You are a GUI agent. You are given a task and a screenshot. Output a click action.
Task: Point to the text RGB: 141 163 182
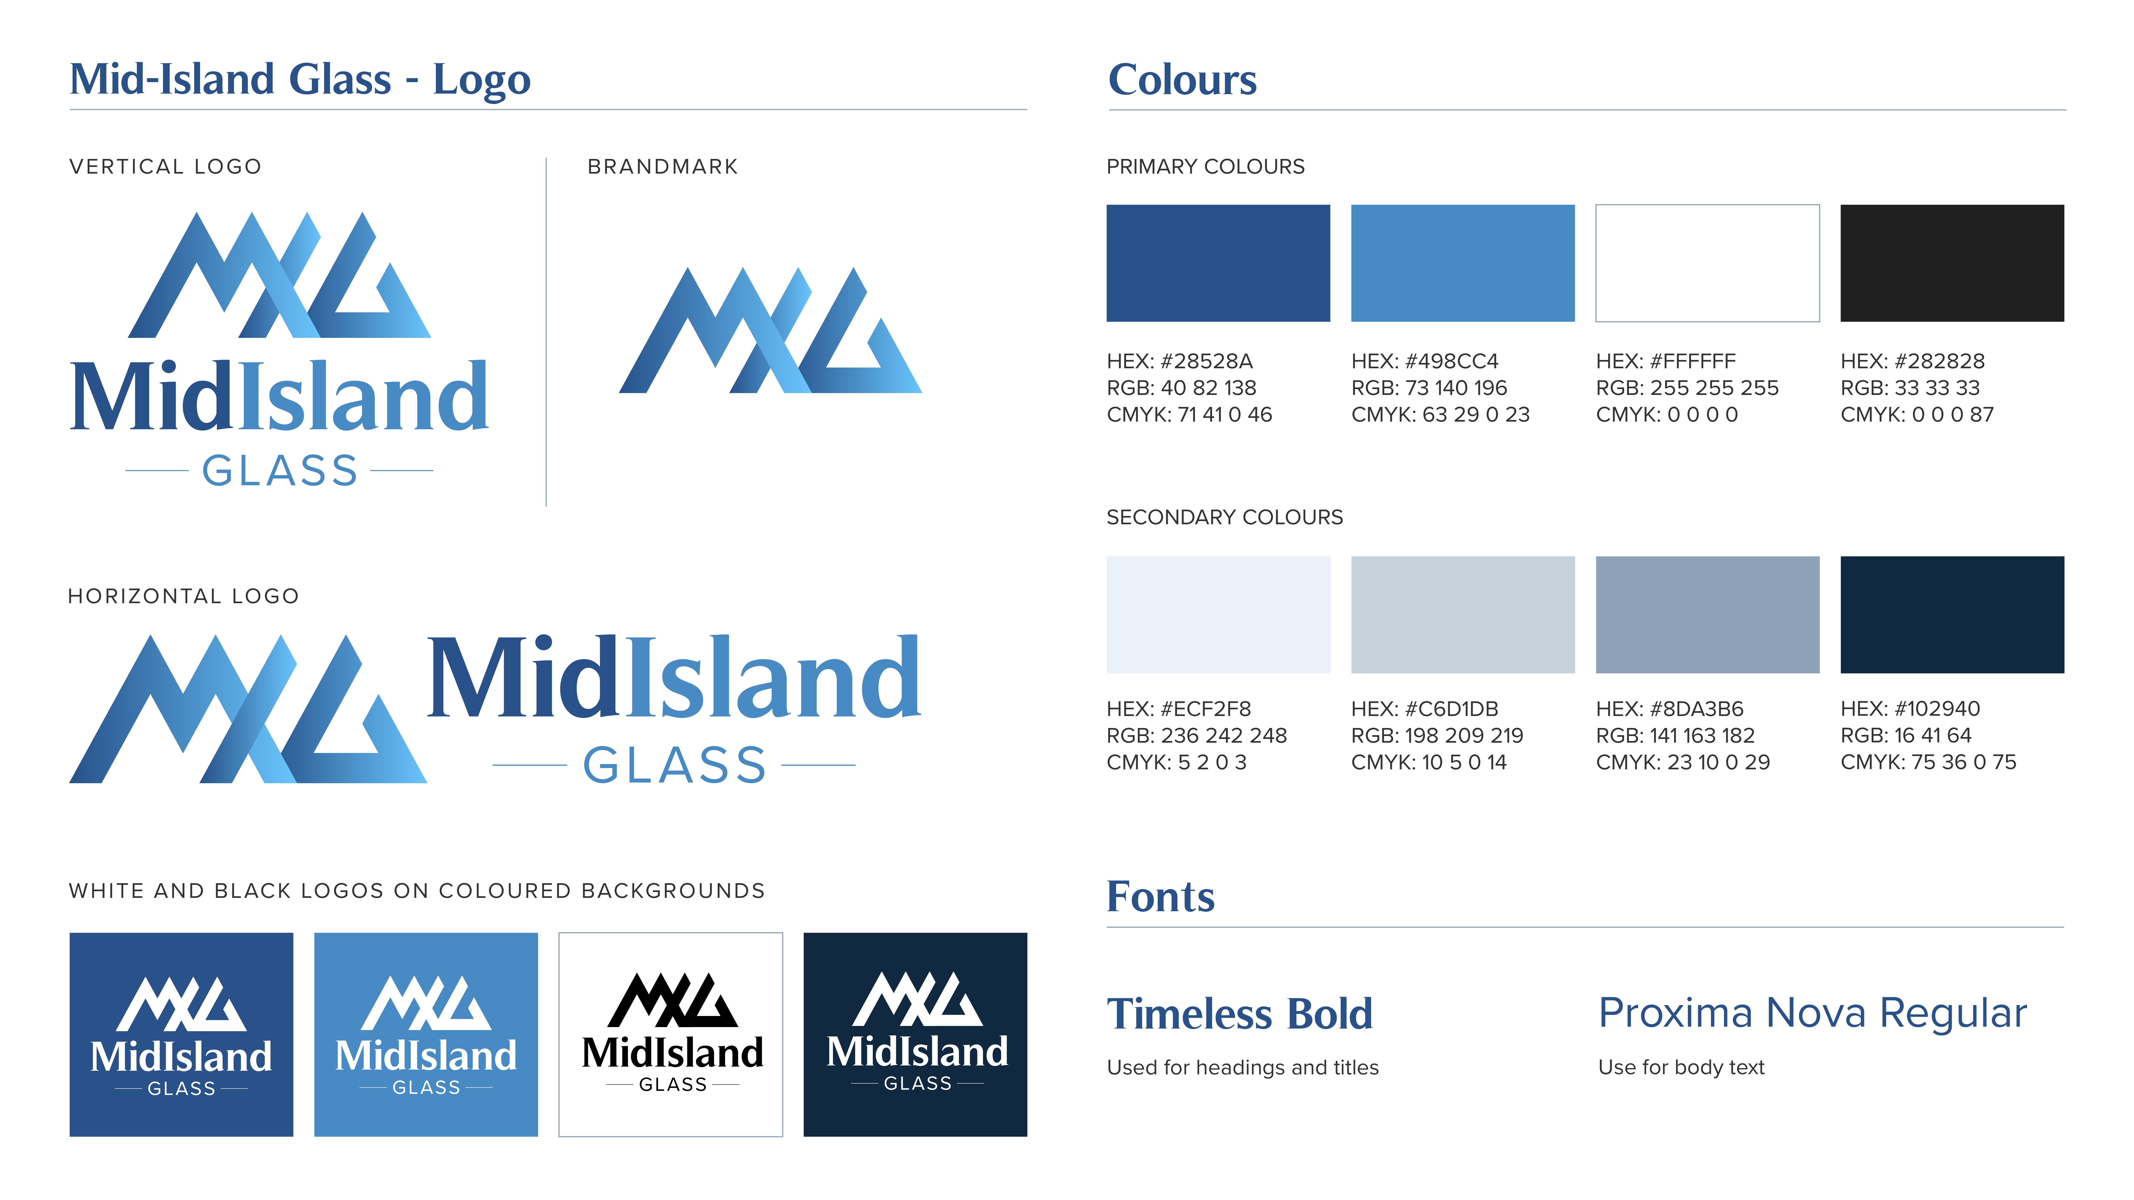(1675, 735)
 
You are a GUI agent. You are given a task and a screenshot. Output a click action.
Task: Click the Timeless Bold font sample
(1239, 1014)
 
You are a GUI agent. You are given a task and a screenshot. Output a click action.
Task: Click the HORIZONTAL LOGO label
(183, 596)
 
